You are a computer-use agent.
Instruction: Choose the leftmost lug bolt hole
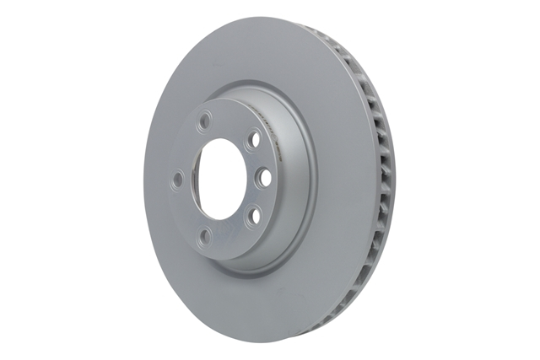(x=177, y=180)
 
